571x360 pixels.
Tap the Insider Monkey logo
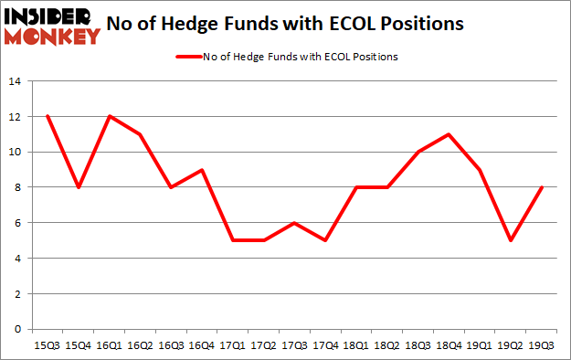[x=51, y=25]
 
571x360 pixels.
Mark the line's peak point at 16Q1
[x=111, y=117]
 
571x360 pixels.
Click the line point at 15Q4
[x=79, y=187]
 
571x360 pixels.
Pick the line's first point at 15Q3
[x=48, y=117]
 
